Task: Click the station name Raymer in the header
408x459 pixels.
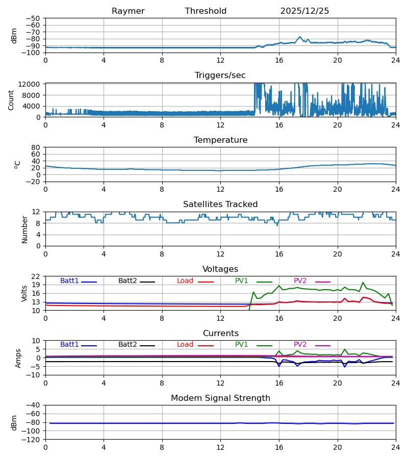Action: (128, 11)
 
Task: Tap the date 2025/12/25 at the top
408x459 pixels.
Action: (304, 11)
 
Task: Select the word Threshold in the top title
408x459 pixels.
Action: (206, 11)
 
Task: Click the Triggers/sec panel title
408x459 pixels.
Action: (220, 75)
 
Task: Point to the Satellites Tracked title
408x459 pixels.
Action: (220, 205)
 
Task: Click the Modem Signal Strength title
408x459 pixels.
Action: (220, 398)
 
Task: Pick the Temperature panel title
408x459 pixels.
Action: (220, 140)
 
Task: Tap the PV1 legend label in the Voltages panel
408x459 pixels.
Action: (242, 281)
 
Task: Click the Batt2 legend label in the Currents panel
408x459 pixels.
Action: (127, 345)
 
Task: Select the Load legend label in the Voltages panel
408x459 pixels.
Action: (185, 281)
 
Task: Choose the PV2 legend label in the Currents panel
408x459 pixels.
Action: (300, 345)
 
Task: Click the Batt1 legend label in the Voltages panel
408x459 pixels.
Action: (69, 281)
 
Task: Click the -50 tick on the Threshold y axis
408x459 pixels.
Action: (35, 18)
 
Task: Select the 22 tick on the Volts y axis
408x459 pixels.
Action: (37, 276)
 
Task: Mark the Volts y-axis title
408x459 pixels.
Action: (24, 293)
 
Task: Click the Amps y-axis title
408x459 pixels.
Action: (19, 358)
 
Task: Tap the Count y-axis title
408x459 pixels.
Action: (11, 100)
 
